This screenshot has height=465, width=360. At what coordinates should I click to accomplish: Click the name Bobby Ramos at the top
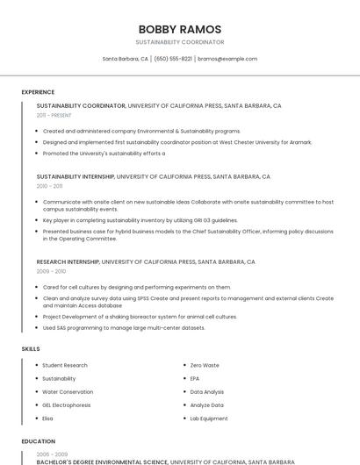click(179, 29)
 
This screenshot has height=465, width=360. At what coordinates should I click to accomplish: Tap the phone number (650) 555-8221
click(173, 59)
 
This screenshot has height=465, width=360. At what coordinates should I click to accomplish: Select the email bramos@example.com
click(227, 59)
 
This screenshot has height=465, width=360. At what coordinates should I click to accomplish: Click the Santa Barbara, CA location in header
click(126, 59)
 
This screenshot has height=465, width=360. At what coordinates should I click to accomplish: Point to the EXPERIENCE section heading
click(38, 92)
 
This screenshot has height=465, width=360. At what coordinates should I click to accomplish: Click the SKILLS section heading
click(30, 348)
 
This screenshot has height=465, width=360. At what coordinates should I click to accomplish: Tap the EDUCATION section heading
click(38, 441)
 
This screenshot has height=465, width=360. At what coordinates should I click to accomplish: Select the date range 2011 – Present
click(54, 115)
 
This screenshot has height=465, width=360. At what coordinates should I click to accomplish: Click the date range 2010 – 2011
click(49, 186)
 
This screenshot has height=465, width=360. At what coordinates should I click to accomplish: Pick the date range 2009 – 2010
click(51, 271)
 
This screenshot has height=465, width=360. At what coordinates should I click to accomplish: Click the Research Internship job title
click(68, 261)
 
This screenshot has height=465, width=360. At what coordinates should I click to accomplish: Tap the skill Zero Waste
click(205, 365)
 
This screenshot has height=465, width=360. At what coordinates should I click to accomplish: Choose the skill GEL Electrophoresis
click(67, 405)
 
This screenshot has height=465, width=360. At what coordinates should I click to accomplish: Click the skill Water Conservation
click(68, 392)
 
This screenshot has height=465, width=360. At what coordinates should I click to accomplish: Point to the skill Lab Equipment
click(209, 418)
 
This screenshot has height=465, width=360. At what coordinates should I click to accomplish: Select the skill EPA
click(195, 378)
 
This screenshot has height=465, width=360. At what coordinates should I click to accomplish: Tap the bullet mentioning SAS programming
click(124, 327)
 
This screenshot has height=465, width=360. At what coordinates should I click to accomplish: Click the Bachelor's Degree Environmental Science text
click(102, 461)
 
